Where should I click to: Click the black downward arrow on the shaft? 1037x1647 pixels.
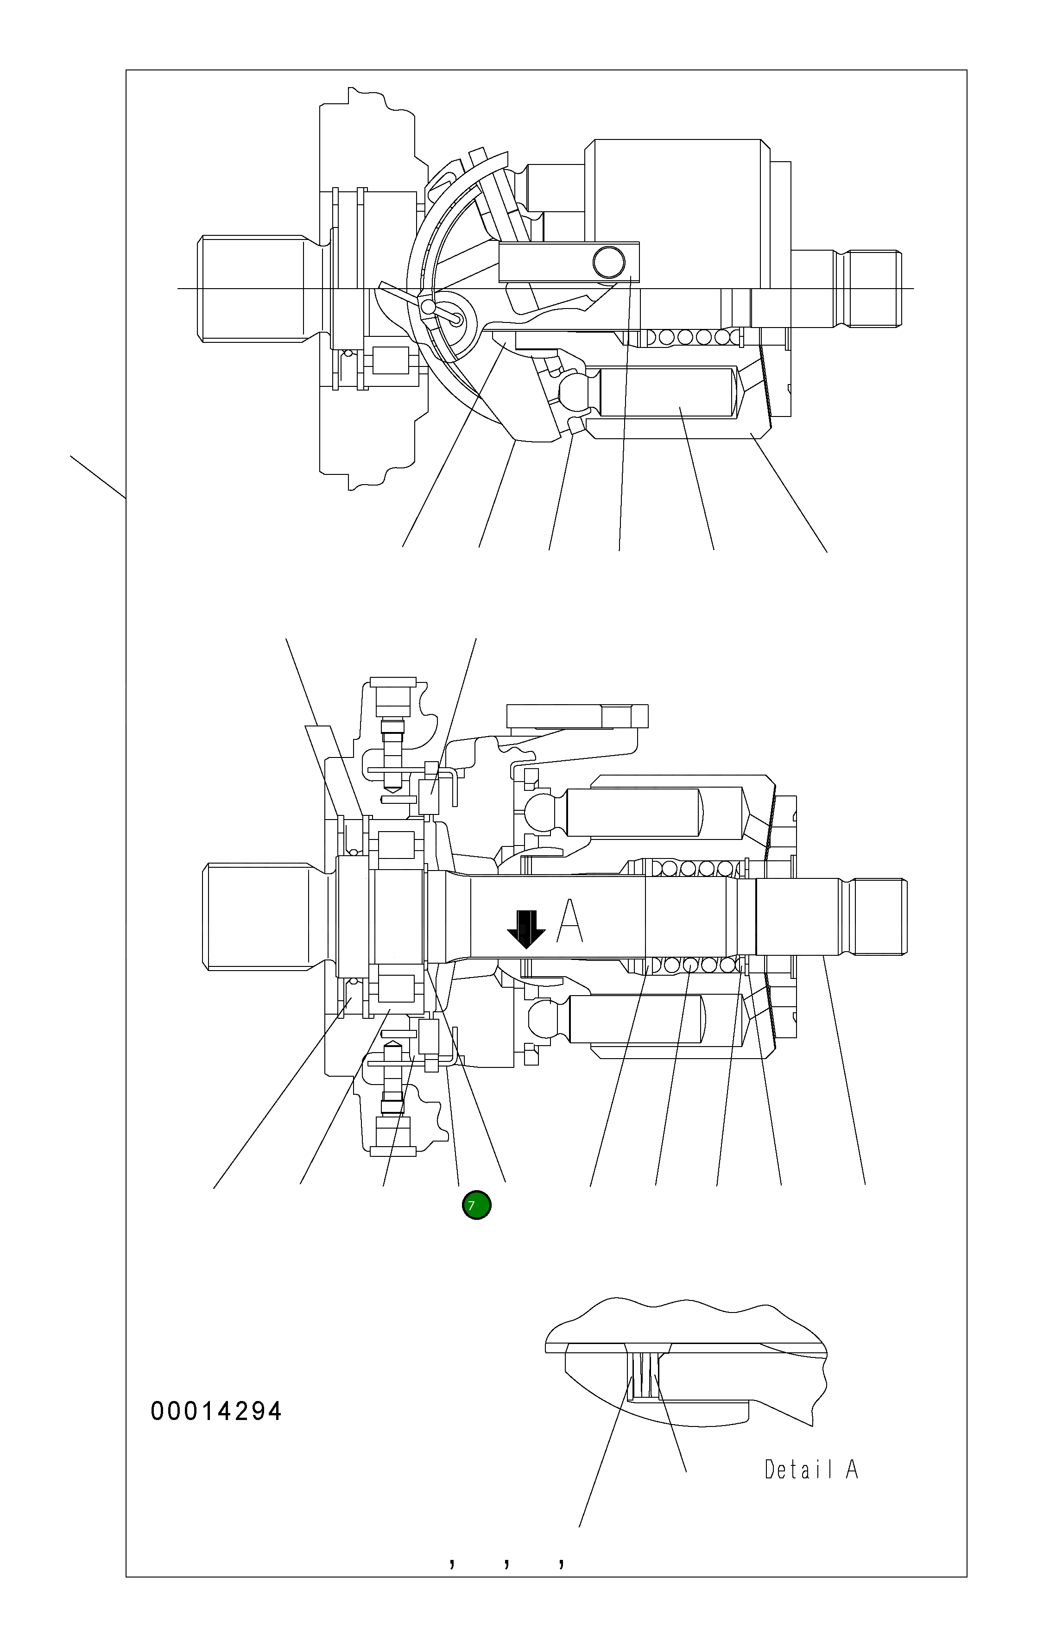526,929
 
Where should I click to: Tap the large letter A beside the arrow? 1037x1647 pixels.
570,921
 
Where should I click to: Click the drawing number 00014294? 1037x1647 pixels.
215,1411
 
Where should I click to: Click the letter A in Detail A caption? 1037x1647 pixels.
852,1469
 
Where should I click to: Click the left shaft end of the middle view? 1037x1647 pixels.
260,916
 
